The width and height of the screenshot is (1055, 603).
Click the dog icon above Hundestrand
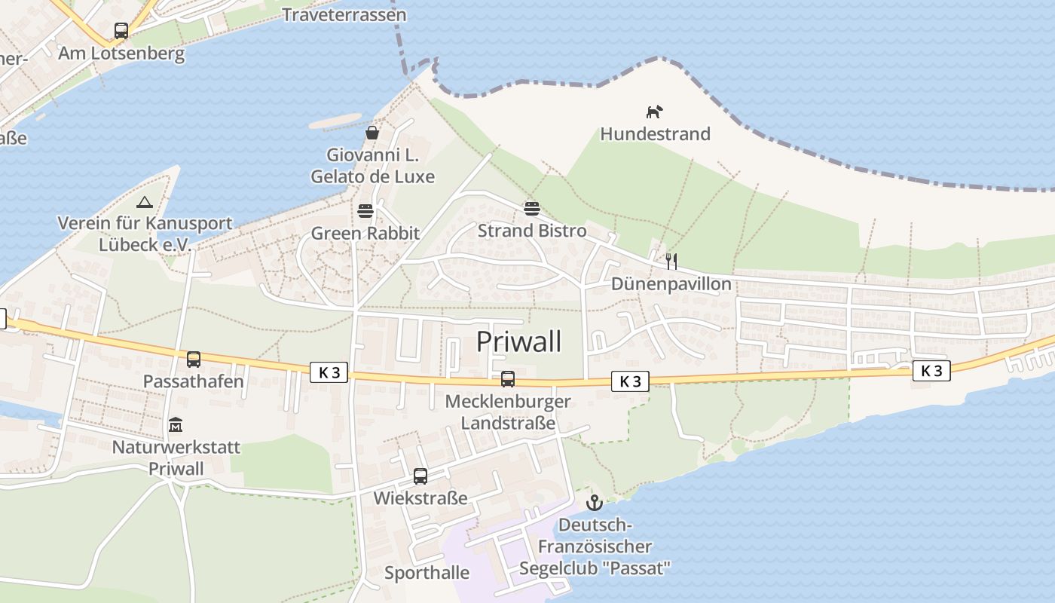(x=654, y=112)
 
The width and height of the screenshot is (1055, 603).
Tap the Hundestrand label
(x=655, y=134)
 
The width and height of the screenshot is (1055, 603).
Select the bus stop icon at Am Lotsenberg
(x=121, y=31)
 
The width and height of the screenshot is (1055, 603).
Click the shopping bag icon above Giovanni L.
(x=372, y=133)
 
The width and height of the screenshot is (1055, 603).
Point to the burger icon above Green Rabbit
(x=365, y=210)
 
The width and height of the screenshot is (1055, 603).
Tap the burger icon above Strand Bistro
(x=532, y=207)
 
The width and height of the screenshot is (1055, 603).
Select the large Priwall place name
(x=519, y=341)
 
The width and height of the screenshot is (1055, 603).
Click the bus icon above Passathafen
(x=194, y=359)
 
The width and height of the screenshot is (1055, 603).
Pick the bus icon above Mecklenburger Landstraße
(x=508, y=378)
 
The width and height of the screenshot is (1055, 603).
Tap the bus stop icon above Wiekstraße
(x=420, y=476)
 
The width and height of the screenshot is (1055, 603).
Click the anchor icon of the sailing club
(x=595, y=502)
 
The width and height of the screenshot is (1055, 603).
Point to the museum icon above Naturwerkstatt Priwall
(x=176, y=424)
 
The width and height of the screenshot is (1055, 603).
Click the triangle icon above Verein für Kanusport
(x=145, y=202)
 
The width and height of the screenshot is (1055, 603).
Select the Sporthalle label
(x=427, y=573)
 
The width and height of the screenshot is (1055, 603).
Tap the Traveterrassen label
(x=344, y=15)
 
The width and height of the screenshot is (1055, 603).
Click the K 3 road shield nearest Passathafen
(x=329, y=372)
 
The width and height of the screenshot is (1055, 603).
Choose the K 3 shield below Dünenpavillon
(x=630, y=381)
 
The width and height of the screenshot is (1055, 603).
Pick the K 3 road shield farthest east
(x=931, y=370)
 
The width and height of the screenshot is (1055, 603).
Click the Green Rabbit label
(x=365, y=234)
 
